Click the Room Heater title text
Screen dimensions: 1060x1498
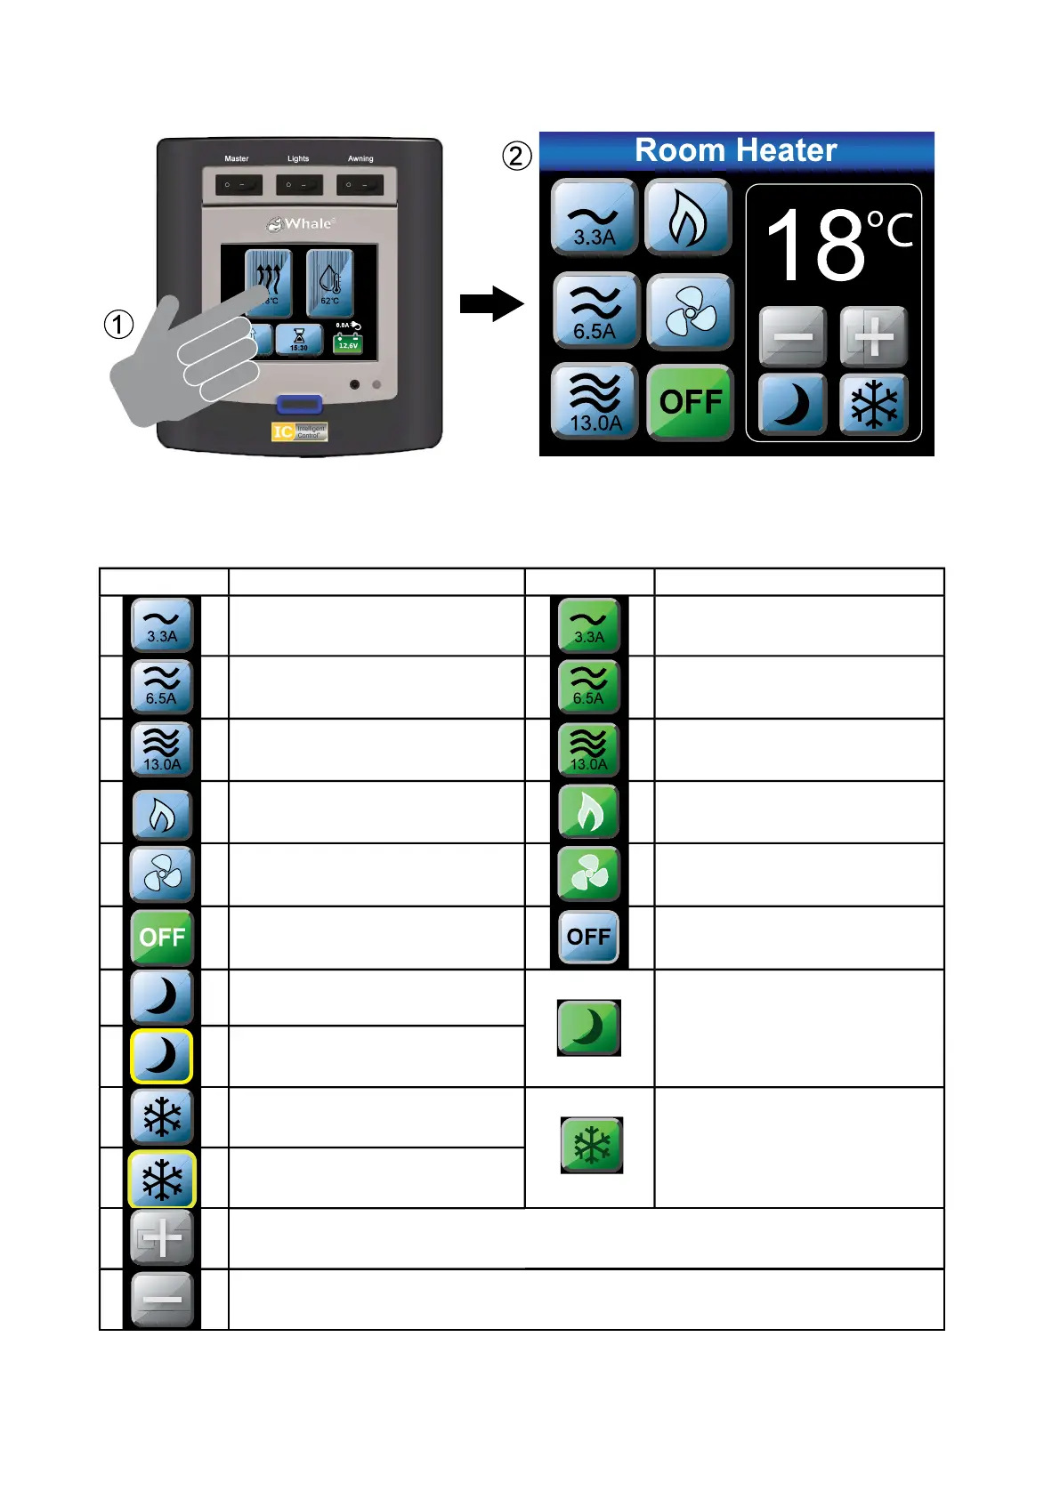(736, 150)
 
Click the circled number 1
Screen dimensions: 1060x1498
(119, 325)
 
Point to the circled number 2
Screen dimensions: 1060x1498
(517, 156)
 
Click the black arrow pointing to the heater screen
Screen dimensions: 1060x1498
(491, 303)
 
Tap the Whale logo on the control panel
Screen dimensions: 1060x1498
(301, 223)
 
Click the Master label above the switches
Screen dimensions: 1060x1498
(237, 158)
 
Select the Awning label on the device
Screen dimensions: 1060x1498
(360, 158)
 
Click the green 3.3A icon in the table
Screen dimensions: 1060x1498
(588, 625)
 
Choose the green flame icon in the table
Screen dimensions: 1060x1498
(588, 811)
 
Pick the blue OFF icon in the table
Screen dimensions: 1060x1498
(588, 937)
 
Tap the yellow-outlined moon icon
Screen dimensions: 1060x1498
(161, 1056)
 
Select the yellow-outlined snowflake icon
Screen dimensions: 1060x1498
(161, 1180)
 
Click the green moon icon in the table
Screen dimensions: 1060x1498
(588, 1027)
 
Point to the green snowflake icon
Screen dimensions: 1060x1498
(591, 1145)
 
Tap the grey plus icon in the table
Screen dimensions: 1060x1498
(161, 1238)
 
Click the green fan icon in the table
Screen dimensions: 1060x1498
(588, 874)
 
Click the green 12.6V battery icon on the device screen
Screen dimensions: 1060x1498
(348, 343)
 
